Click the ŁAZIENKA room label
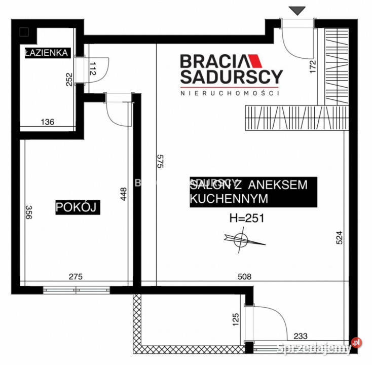tap(46, 53)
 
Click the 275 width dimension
tap(75, 277)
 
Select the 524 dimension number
tap(340, 238)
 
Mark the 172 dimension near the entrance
tap(312, 67)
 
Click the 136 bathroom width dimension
tap(47, 122)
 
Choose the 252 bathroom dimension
tap(69, 80)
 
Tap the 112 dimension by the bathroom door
tap(92, 69)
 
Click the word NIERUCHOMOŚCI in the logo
tap(231, 93)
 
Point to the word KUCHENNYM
tap(228, 199)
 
